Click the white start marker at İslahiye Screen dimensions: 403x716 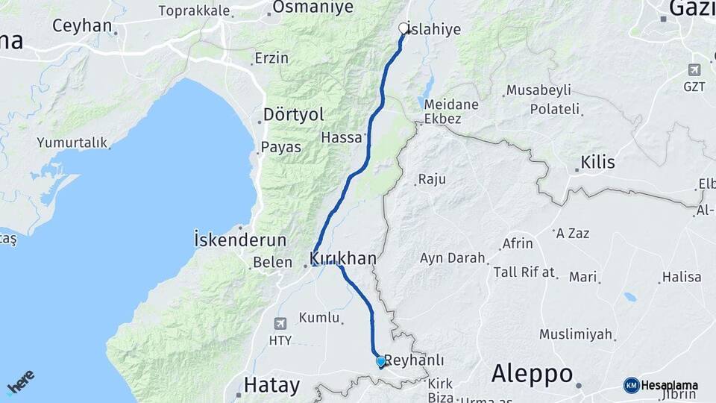(x=403, y=28)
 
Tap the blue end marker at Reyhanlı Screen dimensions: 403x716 (x=380, y=362)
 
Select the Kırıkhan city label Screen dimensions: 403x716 (x=342, y=258)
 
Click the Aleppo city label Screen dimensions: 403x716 (x=533, y=373)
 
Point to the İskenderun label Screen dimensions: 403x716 (x=240, y=240)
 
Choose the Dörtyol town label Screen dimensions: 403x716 (x=294, y=115)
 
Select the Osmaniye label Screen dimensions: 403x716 (x=312, y=7)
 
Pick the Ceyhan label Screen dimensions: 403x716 (x=82, y=25)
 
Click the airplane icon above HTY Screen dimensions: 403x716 (x=280, y=323)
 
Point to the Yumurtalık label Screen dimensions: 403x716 (x=72, y=143)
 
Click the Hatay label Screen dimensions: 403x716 (x=272, y=386)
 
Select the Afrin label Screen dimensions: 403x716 (x=518, y=243)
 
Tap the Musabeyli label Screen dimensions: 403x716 (x=538, y=90)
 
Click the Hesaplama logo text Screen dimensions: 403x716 (x=669, y=385)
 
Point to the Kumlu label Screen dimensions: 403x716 (x=319, y=318)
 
